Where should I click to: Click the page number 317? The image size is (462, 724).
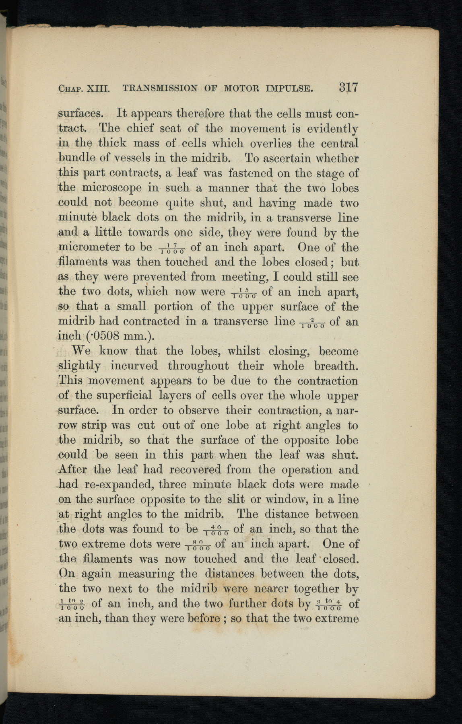348,88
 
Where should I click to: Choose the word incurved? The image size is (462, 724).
134,366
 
